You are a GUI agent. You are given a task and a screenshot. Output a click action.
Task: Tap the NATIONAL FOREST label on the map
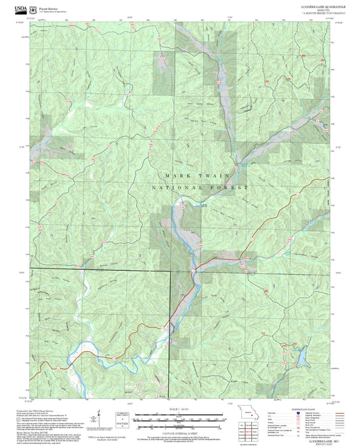click(200, 187)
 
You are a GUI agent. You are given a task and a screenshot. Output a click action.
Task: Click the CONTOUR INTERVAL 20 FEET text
click(179, 431)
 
